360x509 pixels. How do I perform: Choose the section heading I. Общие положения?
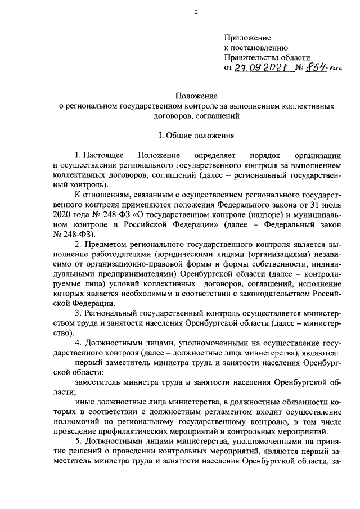196,135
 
